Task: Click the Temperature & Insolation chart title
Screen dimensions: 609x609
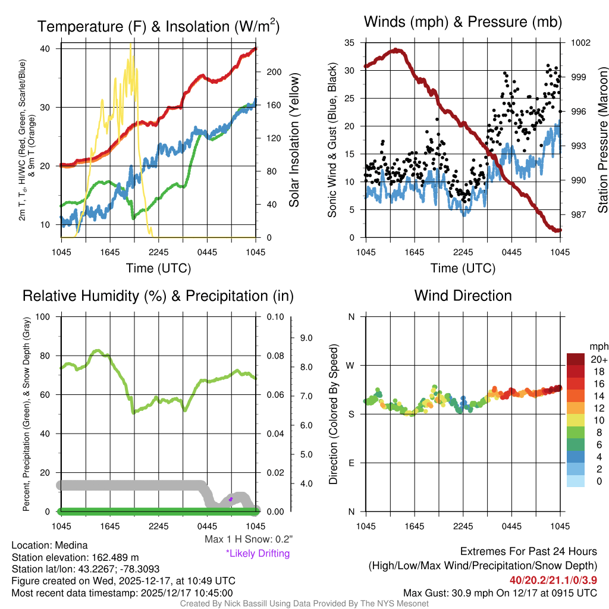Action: [158, 26]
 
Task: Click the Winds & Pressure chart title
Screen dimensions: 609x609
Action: [463, 22]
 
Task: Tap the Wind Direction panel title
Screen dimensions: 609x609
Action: [463, 296]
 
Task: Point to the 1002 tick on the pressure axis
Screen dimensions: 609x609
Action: [579, 43]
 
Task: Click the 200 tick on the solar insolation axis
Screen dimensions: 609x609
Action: [272, 72]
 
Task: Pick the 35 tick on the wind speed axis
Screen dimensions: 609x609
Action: [349, 43]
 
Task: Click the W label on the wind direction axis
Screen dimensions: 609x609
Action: [351, 365]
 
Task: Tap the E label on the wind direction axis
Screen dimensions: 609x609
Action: [351, 463]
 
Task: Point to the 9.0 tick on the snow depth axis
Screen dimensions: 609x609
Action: [305, 338]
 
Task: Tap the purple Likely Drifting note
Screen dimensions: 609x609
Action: [258, 554]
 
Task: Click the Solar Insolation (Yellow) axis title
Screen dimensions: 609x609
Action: [294, 140]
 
